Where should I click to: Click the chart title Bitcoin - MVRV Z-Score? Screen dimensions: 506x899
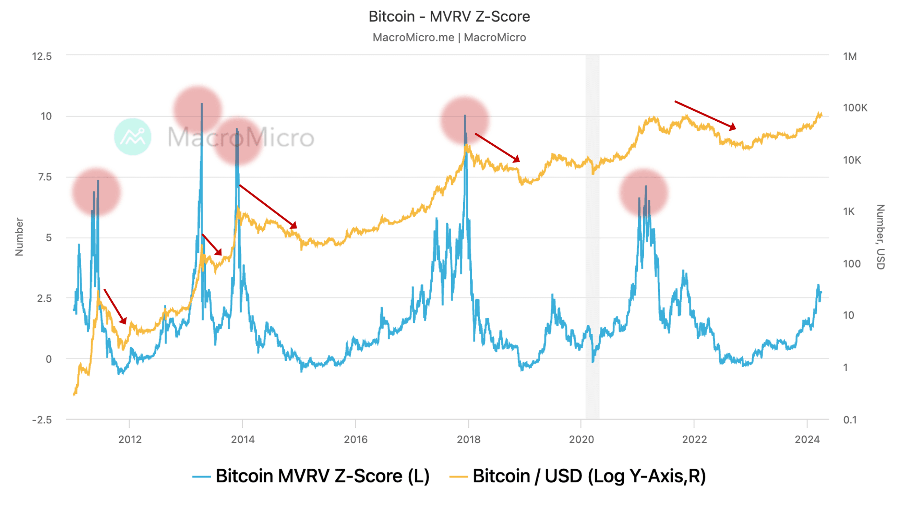coord(449,16)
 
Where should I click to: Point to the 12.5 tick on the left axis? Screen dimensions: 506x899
coord(42,56)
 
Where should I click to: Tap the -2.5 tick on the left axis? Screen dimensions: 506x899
coord(42,420)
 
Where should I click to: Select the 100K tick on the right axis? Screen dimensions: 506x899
coord(855,108)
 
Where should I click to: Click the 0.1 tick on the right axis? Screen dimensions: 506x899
coord(850,420)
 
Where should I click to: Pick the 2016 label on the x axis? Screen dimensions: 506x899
coord(356,439)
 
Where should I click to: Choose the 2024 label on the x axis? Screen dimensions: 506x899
coord(807,439)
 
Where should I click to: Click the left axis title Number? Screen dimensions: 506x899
coord(19,237)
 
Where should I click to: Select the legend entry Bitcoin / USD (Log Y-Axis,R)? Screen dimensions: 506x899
coord(578,476)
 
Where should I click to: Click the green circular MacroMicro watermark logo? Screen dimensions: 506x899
coord(133,136)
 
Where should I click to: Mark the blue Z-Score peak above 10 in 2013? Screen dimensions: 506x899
coord(202,105)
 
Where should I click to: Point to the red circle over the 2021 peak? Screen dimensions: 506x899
coord(644,192)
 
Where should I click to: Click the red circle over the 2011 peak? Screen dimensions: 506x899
coord(96,192)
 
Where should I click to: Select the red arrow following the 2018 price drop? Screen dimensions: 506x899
coord(497,148)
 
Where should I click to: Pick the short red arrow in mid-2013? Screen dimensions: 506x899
coord(212,245)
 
